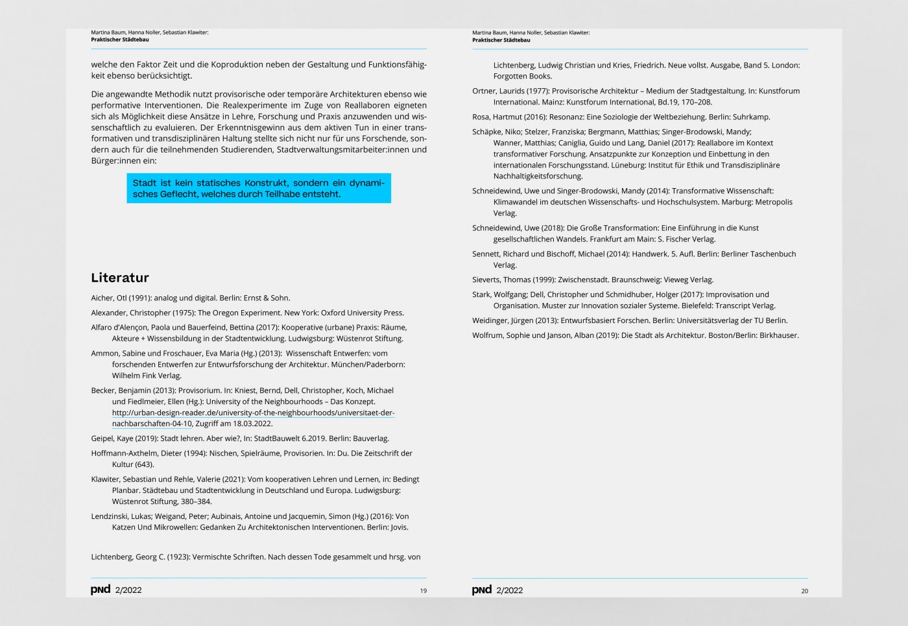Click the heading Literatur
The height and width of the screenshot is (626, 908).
[120, 278]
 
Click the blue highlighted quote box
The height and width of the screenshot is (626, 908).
[259, 188]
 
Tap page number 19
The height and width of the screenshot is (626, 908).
[424, 591]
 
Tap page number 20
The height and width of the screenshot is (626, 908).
[805, 591]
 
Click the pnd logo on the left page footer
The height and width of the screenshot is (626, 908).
[101, 589]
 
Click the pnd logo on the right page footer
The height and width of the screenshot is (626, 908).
[482, 589]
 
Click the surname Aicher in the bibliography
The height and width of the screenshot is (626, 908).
[102, 298]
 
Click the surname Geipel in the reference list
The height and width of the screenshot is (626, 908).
[102, 439]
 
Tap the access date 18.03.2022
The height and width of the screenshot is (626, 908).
[252, 424]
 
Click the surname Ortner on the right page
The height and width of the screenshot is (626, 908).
[484, 91]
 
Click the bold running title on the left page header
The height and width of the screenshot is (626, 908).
[120, 40]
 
